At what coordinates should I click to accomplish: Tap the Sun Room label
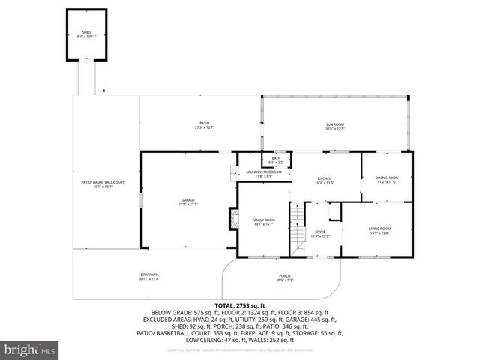(x=334, y=127)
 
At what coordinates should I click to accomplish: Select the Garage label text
(x=187, y=202)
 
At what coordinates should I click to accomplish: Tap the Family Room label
(x=263, y=222)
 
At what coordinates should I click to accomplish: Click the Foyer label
(x=320, y=233)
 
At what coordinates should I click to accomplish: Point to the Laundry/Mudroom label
(x=264, y=173)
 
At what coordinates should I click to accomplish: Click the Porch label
(x=284, y=277)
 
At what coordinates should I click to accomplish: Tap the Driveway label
(x=149, y=277)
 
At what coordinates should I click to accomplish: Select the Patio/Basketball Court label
(x=103, y=184)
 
